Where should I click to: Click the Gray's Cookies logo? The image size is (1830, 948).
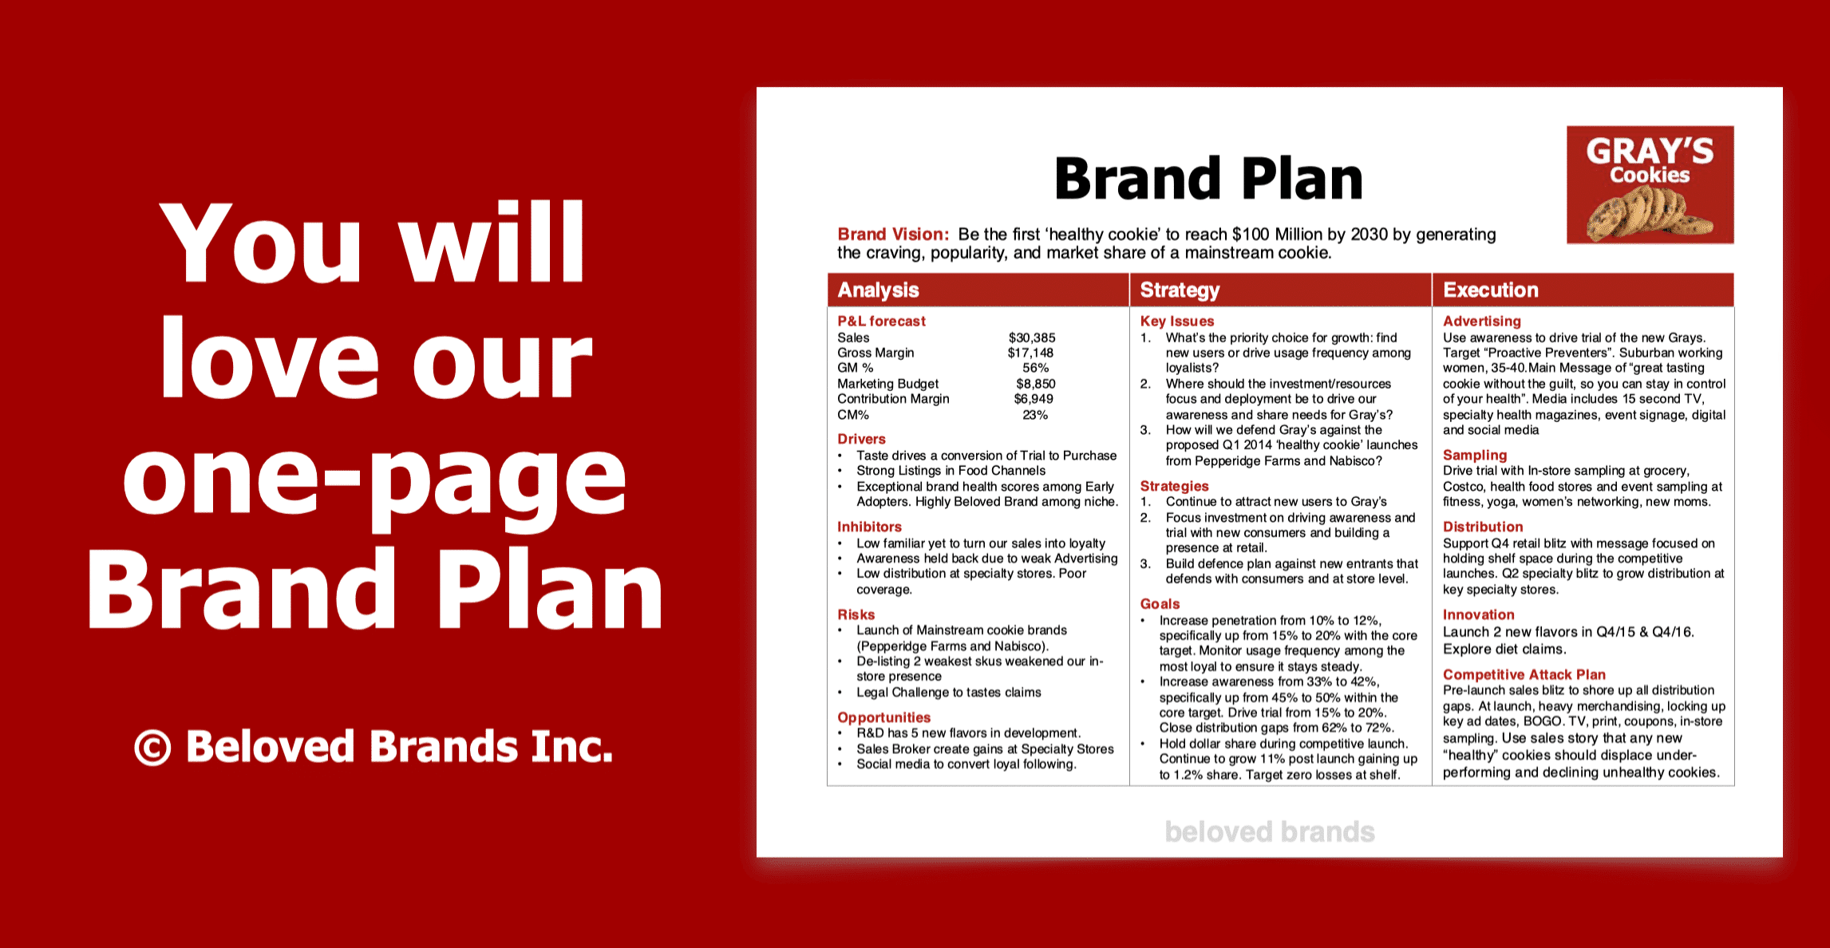[x=1650, y=184]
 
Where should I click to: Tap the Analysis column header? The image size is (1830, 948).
[x=878, y=290]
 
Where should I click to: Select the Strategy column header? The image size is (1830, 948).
[x=1180, y=290]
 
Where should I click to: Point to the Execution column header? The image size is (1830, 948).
[x=1491, y=290]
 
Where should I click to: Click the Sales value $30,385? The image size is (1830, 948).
[x=1032, y=338]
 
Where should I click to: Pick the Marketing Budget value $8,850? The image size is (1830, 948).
[x=1035, y=384]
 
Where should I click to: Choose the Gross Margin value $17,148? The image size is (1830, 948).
[x=1030, y=353]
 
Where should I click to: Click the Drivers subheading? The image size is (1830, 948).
[x=861, y=439]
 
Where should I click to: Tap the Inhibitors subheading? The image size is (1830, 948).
[x=869, y=527]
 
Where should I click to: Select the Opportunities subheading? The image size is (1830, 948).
[x=883, y=717]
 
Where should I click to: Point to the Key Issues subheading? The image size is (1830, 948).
[x=1177, y=321]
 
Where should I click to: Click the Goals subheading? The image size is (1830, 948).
[x=1160, y=604]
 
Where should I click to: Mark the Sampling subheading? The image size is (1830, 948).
[x=1475, y=455]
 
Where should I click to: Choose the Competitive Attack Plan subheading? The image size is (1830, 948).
[x=1524, y=674]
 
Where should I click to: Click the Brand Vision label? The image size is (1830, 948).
[x=893, y=234]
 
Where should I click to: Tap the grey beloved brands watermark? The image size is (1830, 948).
[x=1270, y=831]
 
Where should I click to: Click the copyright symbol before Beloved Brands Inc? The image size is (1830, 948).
[x=152, y=748]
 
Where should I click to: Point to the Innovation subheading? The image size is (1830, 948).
[x=1478, y=614]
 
